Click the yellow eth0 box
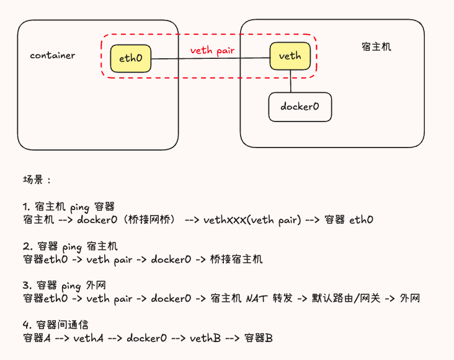[131, 59]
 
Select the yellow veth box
[290, 56]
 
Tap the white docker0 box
[300, 107]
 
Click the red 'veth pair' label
[212, 50]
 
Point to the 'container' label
[53, 55]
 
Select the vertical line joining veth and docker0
[290, 81]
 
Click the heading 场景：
[37, 180]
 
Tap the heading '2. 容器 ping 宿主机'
[70, 247]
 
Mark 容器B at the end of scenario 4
[259, 338]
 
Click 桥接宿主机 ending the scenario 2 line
[238, 259]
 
